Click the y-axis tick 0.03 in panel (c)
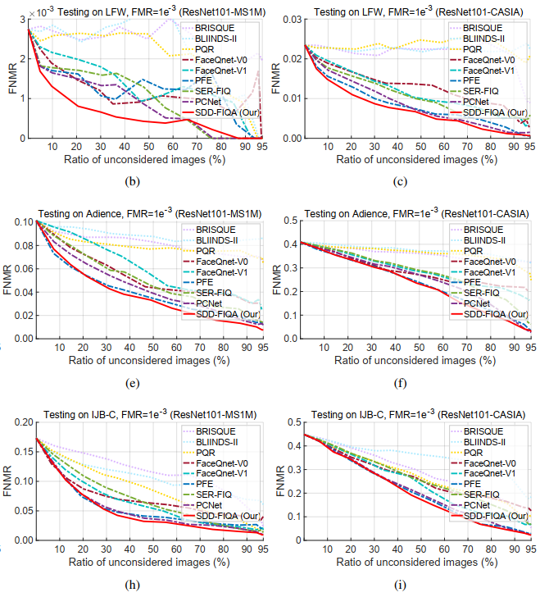tap(292, 19)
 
